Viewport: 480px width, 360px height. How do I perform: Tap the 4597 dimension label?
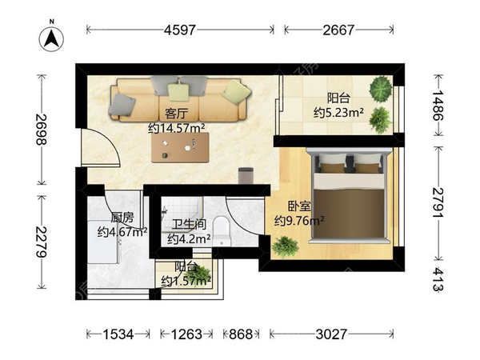point(180,30)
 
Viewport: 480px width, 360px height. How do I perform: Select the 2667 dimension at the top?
point(338,30)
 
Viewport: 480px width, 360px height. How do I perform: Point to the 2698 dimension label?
point(42,129)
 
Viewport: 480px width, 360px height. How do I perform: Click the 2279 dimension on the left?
point(42,242)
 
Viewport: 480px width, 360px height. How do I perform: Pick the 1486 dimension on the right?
point(438,106)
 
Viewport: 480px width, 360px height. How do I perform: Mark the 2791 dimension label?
point(438,202)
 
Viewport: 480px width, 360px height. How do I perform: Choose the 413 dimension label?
point(438,279)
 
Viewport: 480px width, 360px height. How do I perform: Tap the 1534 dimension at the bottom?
point(118,334)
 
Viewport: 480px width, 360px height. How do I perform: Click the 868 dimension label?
point(241,334)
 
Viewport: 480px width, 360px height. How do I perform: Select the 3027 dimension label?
point(331,334)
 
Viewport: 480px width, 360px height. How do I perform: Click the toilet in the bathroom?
point(222,231)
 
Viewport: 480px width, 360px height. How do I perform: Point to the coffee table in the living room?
point(181,147)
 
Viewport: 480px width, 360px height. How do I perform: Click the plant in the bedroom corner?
point(285,246)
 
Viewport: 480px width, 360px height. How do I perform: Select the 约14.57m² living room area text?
point(177,128)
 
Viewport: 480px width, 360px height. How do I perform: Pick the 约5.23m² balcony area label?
point(338,113)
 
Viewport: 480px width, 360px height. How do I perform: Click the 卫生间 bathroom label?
point(189,224)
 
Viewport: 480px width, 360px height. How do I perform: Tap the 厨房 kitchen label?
point(122,218)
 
